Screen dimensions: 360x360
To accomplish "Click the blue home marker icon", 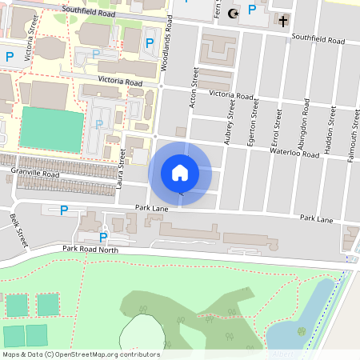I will click(180, 173).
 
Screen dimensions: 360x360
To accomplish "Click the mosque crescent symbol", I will click(234, 13).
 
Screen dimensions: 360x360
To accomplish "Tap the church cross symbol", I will click(283, 18).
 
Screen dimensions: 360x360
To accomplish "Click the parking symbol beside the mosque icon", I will click(252, 10).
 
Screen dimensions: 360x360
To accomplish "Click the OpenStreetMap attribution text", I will click(80, 354).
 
